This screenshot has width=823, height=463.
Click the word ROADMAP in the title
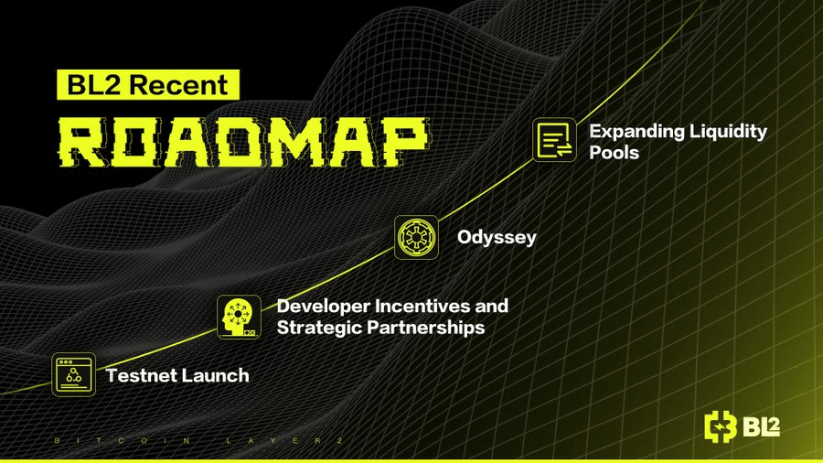click(x=243, y=142)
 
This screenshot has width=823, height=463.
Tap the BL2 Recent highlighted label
click(x=148, y=84)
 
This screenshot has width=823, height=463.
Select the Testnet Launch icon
click(x=73, y=375)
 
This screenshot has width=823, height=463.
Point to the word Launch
click(x=215, y=375)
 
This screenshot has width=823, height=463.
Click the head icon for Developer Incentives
click(x=239, y=318)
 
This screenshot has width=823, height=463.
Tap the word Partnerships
click(x=425, y=328)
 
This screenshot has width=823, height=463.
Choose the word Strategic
click(x=319, y=328)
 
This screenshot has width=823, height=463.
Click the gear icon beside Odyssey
click(x=416, y=237)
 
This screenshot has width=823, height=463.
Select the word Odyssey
click(x=497, y=238)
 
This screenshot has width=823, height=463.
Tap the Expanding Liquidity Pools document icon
click(x=554, y=140)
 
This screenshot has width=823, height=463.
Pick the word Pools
click(x=614, y=152)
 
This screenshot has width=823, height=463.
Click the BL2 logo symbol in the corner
click(x=721, y=426)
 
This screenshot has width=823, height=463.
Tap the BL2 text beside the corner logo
click(x=761, y=427)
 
